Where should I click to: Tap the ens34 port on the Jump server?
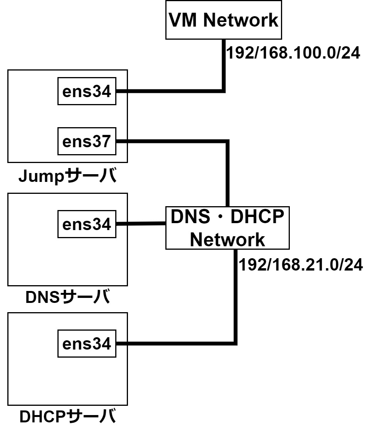click(x=87, y=91)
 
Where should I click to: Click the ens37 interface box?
click(x=87, y=142)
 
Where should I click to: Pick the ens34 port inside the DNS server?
click(x=87, y=224)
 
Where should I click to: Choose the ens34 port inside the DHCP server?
click(x=87, y=343)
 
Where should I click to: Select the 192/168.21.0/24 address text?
click(x=301, y=265)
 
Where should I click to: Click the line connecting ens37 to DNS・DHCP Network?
click(x=228, y=170)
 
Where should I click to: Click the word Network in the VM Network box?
click(x=240, y=20)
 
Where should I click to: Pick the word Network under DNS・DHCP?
click(x=227, y=240)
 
